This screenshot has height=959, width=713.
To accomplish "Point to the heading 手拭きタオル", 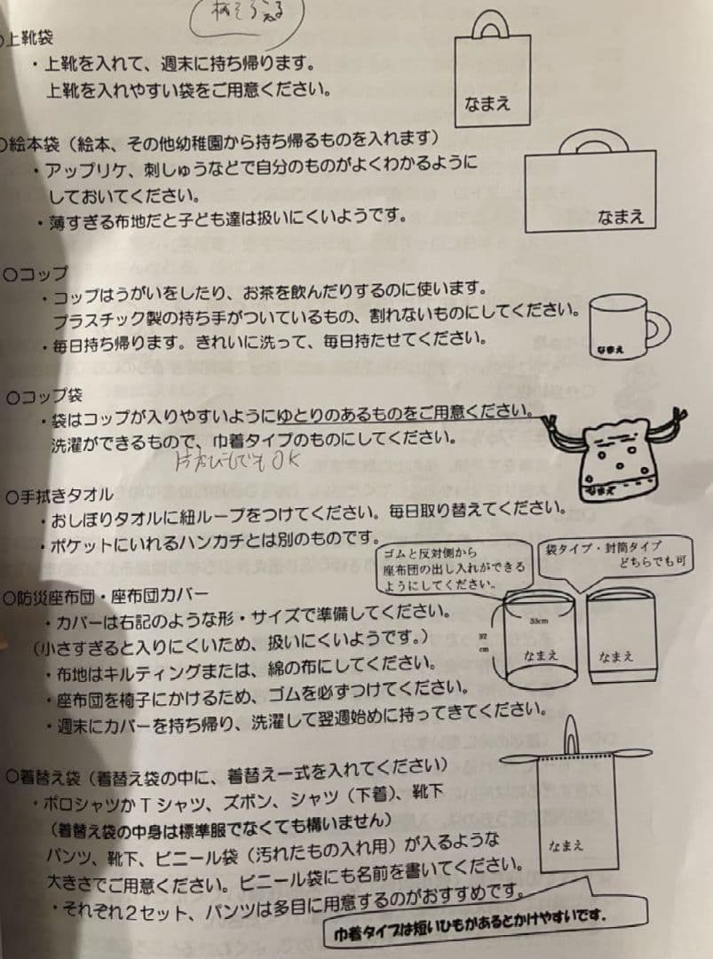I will [x=59, y=495].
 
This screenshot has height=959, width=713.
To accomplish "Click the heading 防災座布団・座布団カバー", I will [x=107, y=597].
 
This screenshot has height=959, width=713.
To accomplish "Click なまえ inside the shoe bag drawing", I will [x=487, y=104].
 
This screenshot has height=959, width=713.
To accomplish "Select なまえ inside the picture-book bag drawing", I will [x=620, y=216].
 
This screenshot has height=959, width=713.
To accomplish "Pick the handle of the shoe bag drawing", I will [x=489, y=25].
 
